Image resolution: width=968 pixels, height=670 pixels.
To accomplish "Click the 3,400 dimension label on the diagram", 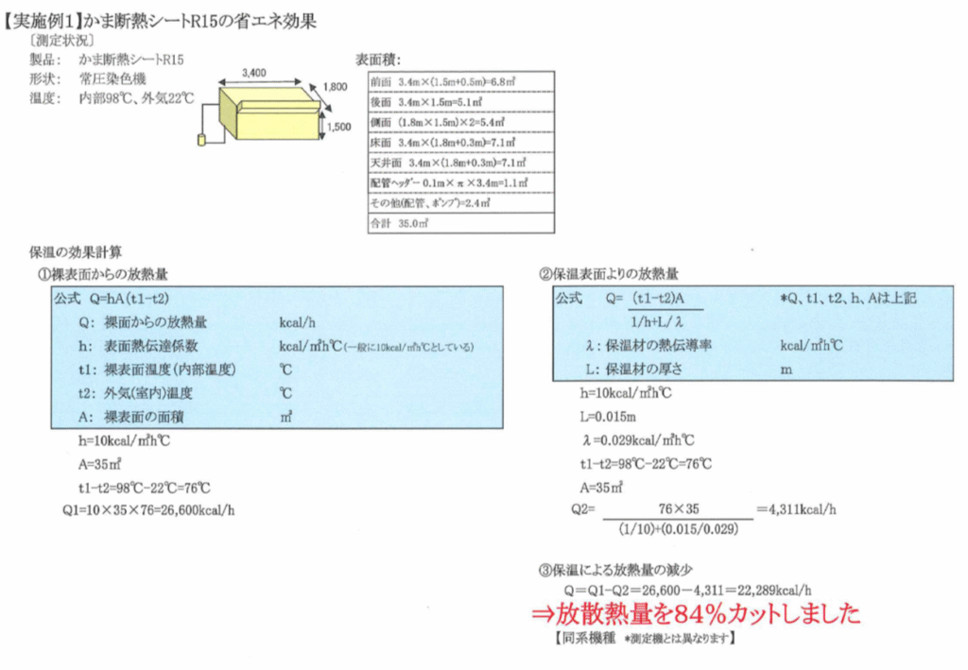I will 255,71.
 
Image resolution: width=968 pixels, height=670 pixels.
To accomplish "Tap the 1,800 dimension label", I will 335,87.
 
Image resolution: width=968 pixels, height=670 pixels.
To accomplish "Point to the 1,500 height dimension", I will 338,125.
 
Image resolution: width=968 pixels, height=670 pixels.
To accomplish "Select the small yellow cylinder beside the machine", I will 201,141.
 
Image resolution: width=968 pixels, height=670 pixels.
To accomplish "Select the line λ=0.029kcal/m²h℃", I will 639,439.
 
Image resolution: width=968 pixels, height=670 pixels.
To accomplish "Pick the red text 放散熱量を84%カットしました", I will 696,613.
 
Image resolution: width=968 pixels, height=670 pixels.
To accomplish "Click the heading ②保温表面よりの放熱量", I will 609,275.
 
